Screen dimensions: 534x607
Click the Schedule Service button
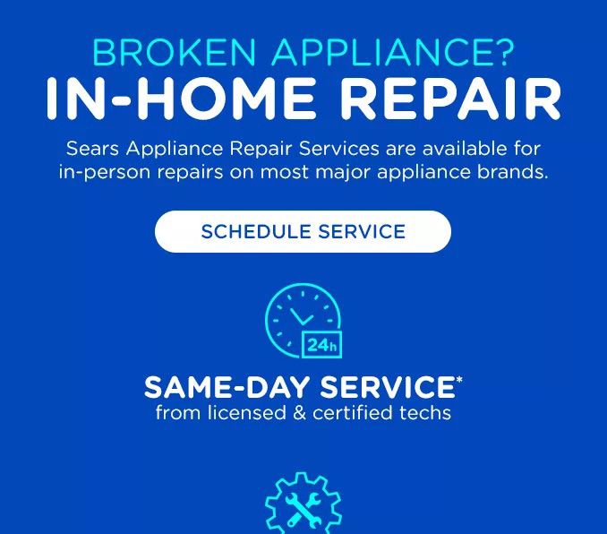[x=303, y=231]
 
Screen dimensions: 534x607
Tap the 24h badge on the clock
[x=322, y=345]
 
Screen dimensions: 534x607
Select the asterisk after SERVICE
[x=458, y=380]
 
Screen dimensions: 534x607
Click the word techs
[x=426, y=413]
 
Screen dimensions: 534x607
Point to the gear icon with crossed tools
[x=303, y=505]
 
